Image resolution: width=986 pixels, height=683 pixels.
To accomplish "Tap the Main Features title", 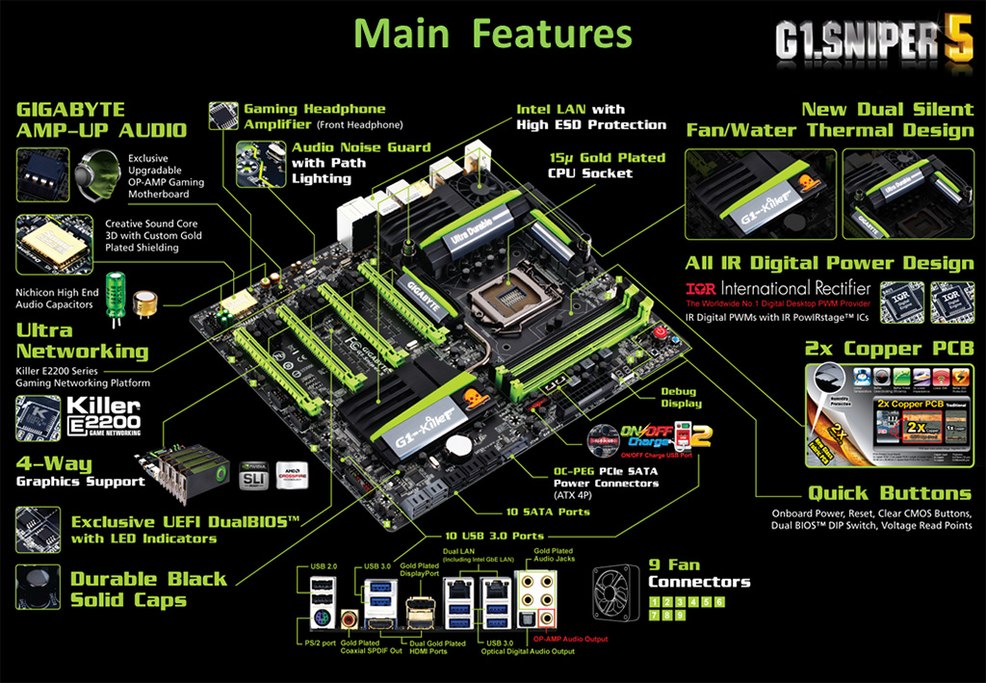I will point(493,34).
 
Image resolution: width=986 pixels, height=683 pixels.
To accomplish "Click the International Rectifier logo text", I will point(778,288).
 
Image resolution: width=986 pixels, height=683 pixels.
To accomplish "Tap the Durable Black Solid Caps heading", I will point(148,589).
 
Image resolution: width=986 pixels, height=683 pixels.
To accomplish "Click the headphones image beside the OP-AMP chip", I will point(97,175).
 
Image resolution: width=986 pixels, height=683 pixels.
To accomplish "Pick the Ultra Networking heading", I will point(82,340).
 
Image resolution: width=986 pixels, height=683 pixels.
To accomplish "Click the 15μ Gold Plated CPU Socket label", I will point(607,165).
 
